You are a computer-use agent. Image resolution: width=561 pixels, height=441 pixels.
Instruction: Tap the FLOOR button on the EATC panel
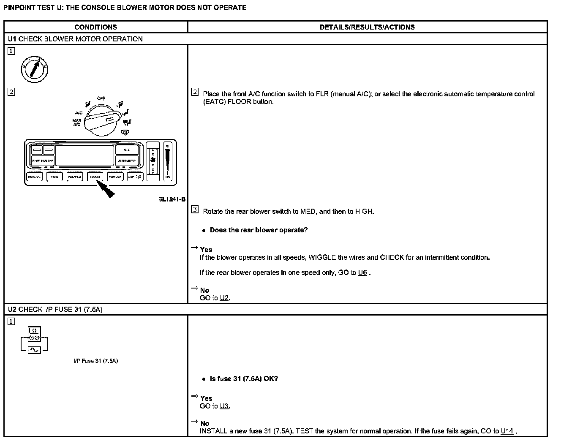pyautogui.click(x=95, y=177)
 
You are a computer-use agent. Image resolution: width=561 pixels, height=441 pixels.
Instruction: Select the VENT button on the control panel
pyautogui.click(x=54, y=177)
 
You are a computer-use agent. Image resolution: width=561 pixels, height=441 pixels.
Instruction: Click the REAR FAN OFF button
pyautogui.click(x=43, y=161)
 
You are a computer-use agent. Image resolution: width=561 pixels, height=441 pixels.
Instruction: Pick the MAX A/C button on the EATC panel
pyautogui.click(x=34, y=177)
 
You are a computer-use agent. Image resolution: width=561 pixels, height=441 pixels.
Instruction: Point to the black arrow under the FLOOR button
pyautogui.click(x=106, y=189)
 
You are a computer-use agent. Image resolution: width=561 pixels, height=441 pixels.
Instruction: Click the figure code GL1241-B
pyautogui.click(x=172, y=199)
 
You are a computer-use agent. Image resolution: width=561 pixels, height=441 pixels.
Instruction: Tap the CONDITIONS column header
pyautogui.click(x=95, y=27)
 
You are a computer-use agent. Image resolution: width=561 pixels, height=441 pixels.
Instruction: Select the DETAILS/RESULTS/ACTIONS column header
pyautogui.click(x=367, y=27)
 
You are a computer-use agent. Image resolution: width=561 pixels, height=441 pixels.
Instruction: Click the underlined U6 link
pyautogui.click(x=362, y=272)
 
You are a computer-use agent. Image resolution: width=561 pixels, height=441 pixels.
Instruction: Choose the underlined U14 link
pyautogui.click(x=507, y=431)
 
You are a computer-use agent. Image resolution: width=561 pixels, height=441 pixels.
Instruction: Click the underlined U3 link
pyautogui.click(x=224, y=406)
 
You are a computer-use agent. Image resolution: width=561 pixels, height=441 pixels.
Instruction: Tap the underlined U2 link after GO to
pyautogui.click(x=224, y=298)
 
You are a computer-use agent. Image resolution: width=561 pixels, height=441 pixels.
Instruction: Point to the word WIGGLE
pyautogui.click(x=322, y=257)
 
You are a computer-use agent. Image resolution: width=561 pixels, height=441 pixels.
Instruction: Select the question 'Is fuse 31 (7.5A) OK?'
pyautogui.click(x=244, y=378)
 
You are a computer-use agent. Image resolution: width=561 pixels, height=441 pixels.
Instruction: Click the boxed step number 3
pyautogui.click(x=194, y=210)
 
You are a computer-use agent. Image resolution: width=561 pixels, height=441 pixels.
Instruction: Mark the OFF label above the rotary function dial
pyautogui.click(x=101, y=98)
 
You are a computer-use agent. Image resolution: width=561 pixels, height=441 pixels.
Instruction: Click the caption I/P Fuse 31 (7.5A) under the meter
pyautogui.click(x=95, y=361)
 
